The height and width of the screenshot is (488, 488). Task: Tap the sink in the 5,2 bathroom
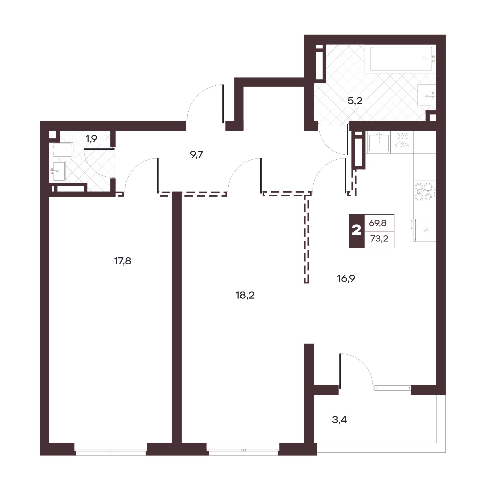[x=427, y=95]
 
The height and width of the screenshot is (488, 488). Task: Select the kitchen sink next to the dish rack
[x=379, y=142]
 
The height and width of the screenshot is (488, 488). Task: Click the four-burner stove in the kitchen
[x=424, y=192]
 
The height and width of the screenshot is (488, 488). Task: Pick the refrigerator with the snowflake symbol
[x=424, y=230]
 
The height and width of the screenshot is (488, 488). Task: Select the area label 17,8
[x=123, y=261]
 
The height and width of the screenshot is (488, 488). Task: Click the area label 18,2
[x=245, y=296]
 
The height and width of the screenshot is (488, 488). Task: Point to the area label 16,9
[x=346, y=279]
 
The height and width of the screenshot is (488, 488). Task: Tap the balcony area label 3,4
[x=339, y=420]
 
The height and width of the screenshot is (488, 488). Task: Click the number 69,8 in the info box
[x=378, y=223]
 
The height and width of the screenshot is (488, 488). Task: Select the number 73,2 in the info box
[x=379, y=239]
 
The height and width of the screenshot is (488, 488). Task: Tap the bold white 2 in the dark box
[x=356, y=231]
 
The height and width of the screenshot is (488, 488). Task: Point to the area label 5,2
[x=355, y=101]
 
